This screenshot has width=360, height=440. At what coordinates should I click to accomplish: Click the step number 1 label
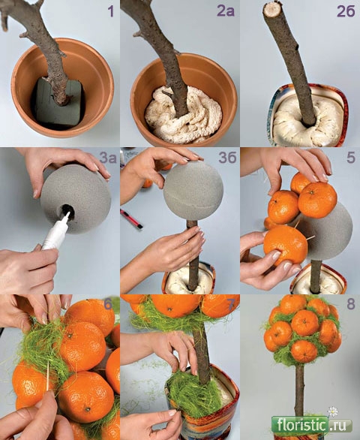[111, 12]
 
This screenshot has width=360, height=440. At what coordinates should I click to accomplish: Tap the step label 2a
[226, 12]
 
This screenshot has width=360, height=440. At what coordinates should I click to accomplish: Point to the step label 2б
[346, 12]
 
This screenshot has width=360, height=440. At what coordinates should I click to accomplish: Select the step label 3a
[108, 158]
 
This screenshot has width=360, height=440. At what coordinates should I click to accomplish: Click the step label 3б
[227, 158]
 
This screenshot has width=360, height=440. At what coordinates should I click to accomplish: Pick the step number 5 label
[351, 158]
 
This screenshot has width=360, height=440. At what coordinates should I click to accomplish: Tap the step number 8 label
[351, 304]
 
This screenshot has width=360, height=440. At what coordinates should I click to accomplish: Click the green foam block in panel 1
[58, 102]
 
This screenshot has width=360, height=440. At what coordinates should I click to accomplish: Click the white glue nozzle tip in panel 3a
[67, 215]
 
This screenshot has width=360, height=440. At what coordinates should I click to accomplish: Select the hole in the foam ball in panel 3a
[67, 211]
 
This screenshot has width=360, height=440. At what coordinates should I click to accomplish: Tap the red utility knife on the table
[131, 218]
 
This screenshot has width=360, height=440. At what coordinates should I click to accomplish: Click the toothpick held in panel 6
[48, 375]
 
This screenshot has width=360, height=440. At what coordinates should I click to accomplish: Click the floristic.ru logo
[311, 425]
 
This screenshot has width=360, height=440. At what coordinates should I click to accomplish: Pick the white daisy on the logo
[333, 411]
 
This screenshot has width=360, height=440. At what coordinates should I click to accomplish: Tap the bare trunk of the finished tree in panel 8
[299, 390]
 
